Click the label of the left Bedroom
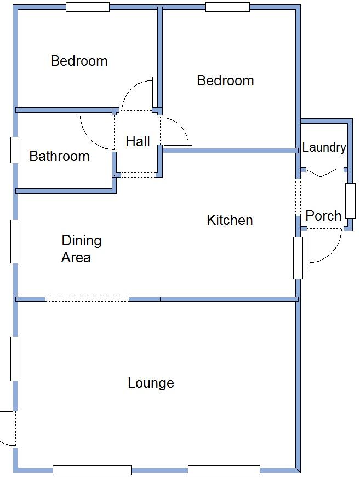pos(79,61)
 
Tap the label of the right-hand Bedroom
pos(225,81)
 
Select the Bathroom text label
pos(59,157)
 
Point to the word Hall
pos(138,141)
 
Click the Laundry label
pos(324,147)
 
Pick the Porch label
pos(323,216)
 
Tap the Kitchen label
pos(230,220)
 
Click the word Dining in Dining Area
pos(81,240)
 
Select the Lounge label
pos(151,383)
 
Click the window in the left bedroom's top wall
pos(87,7)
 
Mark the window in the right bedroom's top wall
pos(227,7)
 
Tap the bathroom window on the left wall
pos(15,149)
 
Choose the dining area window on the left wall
pos(15,241)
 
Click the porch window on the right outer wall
pos(350,201)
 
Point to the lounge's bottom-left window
pos(92,470)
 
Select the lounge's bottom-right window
pos(224,470)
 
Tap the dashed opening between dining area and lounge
pos(87,299)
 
